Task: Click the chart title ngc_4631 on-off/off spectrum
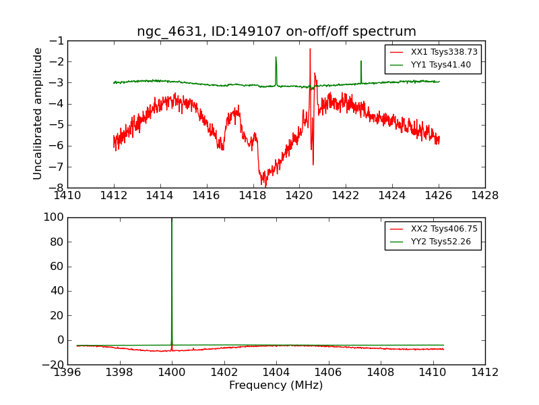pos(276,31)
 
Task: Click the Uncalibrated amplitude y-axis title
pos(38,113)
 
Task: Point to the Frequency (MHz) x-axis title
pos(276,385)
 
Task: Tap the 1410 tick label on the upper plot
pos(67,196)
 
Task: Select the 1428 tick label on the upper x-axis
pos(484,196)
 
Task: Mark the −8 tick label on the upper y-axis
pos(56,188)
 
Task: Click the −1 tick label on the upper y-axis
pos(56,40)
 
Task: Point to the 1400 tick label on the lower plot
pos(172,372)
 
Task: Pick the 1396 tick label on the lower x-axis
pos(67,372)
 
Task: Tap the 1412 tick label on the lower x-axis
pos(484,372)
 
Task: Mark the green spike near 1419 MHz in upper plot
pos(276,61)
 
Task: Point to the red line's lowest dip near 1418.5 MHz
pos(265,185)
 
